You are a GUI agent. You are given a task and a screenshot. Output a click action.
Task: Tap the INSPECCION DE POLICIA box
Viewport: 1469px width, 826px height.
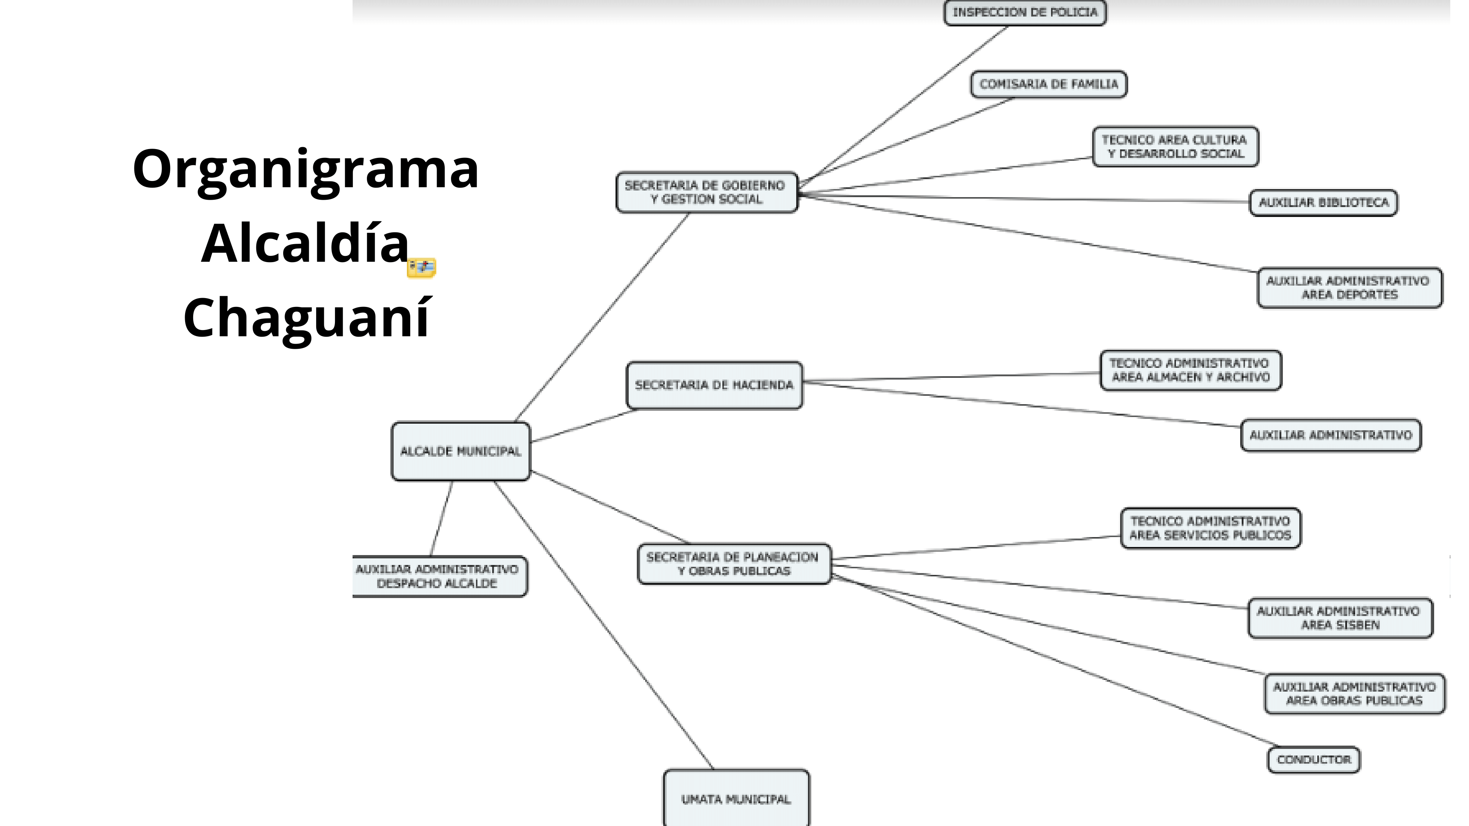coord(1025,12)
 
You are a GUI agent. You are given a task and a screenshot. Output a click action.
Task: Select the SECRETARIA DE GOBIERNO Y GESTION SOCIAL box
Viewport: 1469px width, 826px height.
coord(706,192)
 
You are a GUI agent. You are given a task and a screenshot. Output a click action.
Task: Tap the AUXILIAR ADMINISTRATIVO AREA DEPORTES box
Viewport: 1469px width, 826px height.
coord(1349,287)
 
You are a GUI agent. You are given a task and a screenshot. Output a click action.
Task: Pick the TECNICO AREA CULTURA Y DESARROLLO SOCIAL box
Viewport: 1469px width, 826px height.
coord(1175,146)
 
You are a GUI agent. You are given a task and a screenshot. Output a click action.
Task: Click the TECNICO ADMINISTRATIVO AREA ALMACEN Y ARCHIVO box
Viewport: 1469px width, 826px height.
coord(1190,370)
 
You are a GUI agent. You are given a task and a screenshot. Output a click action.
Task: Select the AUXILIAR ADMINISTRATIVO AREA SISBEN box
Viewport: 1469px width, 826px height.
coord(1340,618)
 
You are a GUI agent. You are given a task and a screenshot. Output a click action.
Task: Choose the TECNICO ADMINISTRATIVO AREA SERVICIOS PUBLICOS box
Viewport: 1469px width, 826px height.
coord(1210,528)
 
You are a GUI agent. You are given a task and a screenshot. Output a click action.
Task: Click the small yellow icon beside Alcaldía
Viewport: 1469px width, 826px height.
coord(422,267)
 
